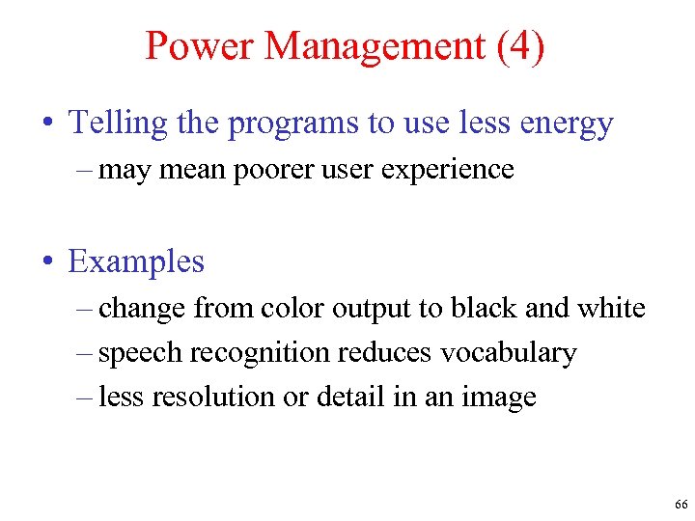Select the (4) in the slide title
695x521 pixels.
(520, 46)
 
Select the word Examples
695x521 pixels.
(136, 261)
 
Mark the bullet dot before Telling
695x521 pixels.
(48, 124)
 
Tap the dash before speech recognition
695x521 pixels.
(85, 353)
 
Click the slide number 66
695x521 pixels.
(681, 505)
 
